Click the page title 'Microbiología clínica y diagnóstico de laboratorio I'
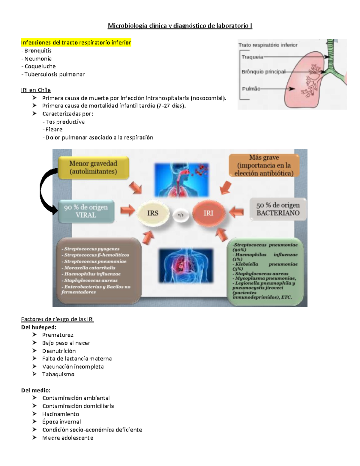click(180, 26)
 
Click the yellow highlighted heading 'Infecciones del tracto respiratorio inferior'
click(76, 43)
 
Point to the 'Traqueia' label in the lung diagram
click(252, 57)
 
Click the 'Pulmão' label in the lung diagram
click(251, 89)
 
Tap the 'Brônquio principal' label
click(263, 72)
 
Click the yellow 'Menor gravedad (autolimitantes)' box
click(93, 167)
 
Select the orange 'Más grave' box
click(264, 165)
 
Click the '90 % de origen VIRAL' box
click(86, 211)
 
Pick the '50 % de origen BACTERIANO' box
click(278, 209)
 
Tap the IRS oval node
click(153, 213)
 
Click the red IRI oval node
click(208, 213)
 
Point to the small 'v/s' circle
click(181, 215)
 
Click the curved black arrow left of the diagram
click(45, 191)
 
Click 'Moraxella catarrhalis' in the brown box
click(89, 268)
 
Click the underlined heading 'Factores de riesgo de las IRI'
click(57, 319)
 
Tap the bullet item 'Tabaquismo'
click(58, 374)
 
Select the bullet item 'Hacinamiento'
click(61, 414)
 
